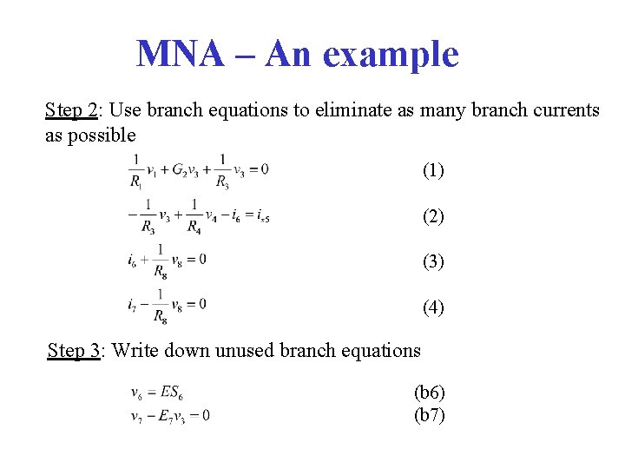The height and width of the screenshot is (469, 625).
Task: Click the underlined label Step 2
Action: [x=72, y=110]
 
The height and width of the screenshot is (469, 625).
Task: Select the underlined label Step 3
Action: [x=74, y=350]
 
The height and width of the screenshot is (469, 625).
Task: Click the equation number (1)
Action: [x=433, y=170]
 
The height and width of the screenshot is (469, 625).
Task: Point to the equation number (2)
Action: [x=433, y=216]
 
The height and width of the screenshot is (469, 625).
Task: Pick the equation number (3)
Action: [x=433, y=261]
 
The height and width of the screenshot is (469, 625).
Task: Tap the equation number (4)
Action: [x=433, y=307]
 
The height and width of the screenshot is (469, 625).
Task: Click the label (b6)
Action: [x=430, y=393]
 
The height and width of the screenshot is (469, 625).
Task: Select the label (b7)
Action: [x=430, y=415]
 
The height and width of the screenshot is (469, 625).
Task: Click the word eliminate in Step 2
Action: [x=317, y=110]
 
